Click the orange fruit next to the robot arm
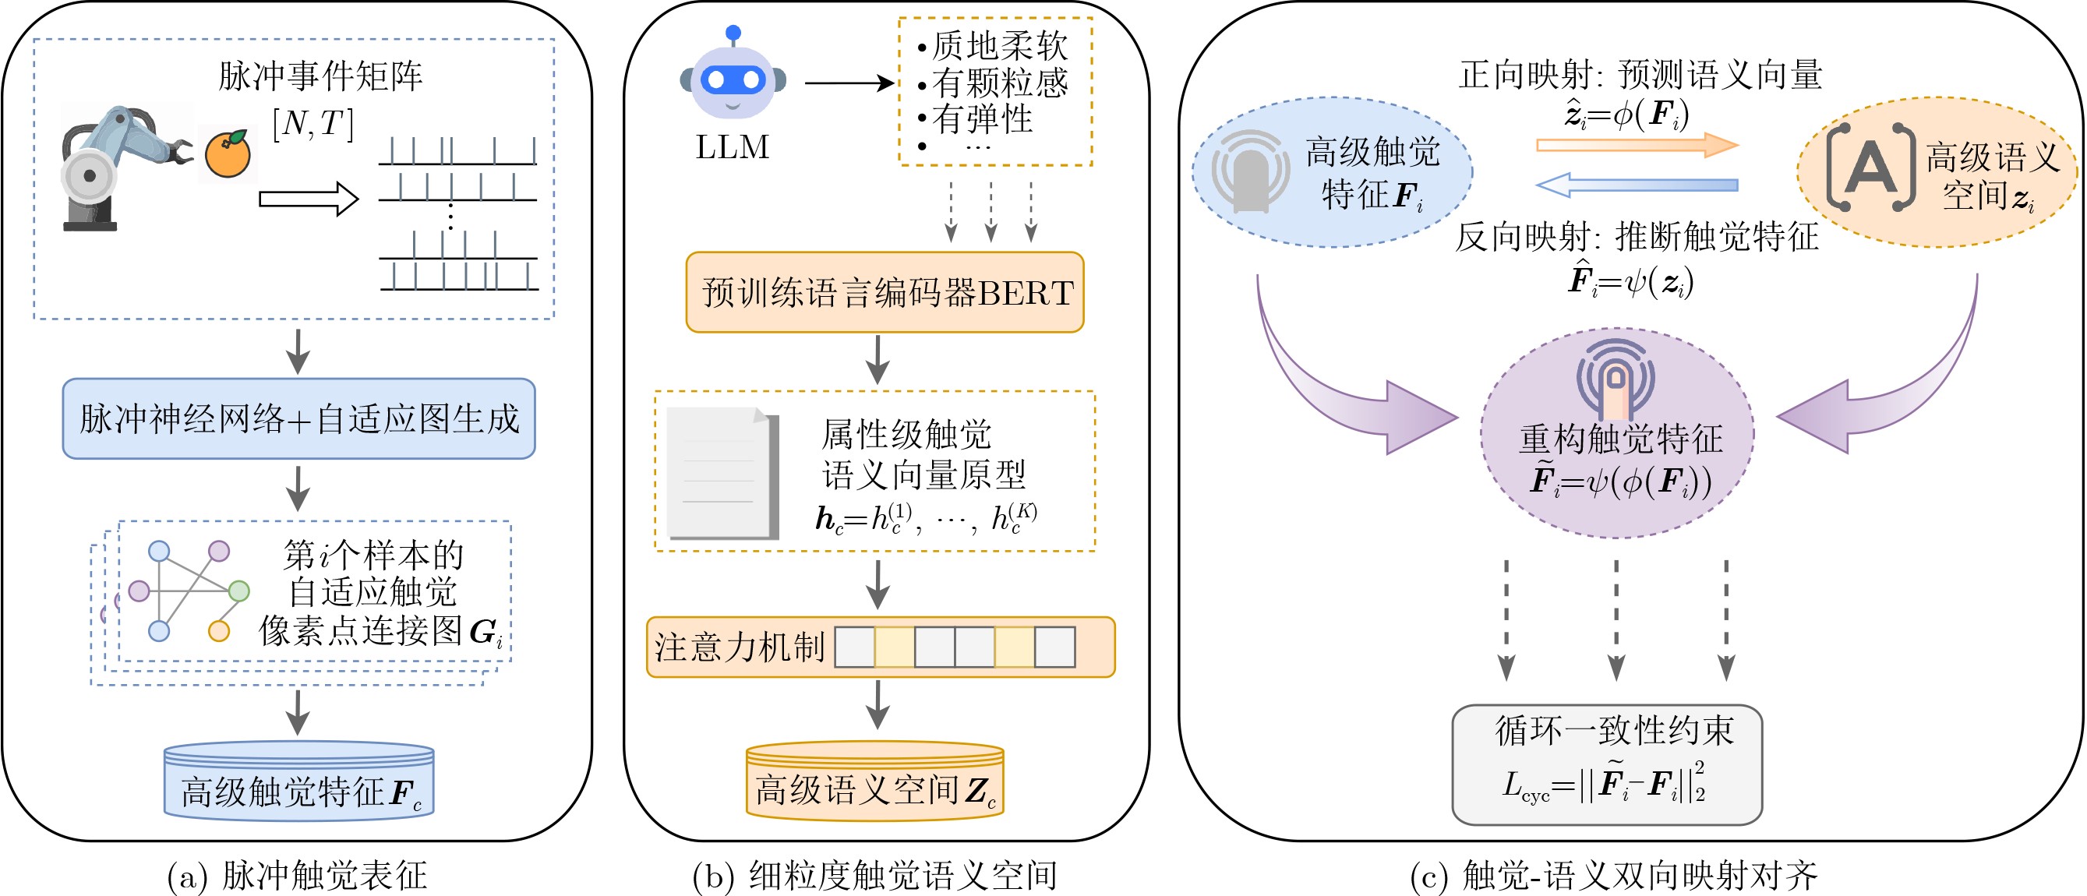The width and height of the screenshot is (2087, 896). point(228,154)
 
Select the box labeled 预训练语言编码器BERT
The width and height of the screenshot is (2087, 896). point(885,292)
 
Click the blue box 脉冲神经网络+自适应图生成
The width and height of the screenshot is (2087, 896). point(299,418)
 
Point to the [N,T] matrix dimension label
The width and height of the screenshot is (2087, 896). point(313,124)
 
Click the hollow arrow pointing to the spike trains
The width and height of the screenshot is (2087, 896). point(309,199)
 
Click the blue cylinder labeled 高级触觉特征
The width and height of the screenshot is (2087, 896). point(299,781)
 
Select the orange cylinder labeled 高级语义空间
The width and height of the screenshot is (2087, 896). point(875,781)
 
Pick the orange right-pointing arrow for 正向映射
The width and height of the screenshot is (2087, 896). point(1637,145)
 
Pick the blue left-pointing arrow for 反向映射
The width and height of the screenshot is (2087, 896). point(1637,185)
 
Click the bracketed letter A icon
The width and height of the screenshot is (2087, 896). point(1870,168)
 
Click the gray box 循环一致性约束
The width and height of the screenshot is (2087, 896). point(1608,765)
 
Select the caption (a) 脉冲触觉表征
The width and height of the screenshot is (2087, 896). point(296,875)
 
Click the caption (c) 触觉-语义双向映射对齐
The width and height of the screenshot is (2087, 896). point(1614,875)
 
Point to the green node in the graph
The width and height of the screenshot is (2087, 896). point(239,591)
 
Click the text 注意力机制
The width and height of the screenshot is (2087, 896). point(740,647)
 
